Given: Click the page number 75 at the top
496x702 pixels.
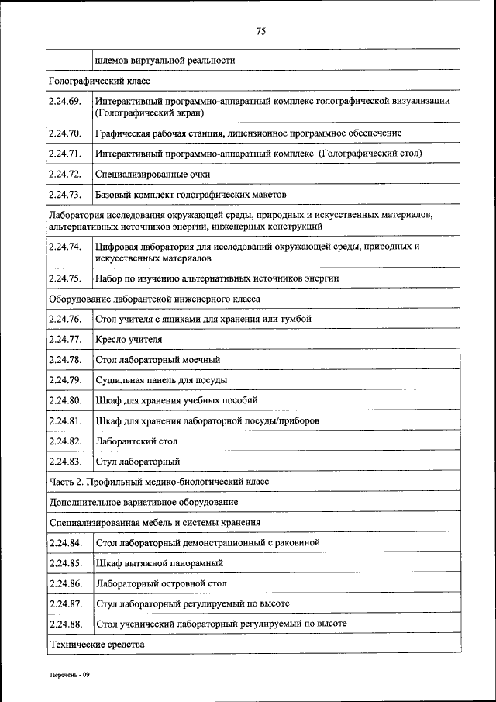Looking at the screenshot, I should click(260, 31).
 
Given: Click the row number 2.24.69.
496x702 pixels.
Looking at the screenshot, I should click(64, 101).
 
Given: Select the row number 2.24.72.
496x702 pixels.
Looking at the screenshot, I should click(64, 174).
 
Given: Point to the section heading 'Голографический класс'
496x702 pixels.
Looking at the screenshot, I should click(98, 80).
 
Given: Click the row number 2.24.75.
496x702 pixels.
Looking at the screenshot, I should click(64, 278).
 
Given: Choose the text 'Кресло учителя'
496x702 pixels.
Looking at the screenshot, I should click(129, 339).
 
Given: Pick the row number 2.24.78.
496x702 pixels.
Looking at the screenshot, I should click(64, 360).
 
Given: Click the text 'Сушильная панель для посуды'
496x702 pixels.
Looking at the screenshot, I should click(161, 380).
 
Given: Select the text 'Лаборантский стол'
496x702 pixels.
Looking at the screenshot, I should click(136, 441).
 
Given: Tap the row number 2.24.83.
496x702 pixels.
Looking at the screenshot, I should click(64, 461).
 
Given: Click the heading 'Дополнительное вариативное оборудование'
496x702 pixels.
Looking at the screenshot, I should click(144, 502).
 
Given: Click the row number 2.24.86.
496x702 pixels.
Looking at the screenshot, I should click(64, 583).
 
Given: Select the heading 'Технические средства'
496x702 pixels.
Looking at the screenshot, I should click(96, 644).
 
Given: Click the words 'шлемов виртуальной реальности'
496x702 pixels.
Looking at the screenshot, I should click(165, 60).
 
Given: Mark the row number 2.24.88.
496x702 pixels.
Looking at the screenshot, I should click(64, 623).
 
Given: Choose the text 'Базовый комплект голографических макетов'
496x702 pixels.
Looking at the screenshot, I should click(191, 194).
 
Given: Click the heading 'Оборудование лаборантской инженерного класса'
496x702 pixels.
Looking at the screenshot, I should click(154, 299).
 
